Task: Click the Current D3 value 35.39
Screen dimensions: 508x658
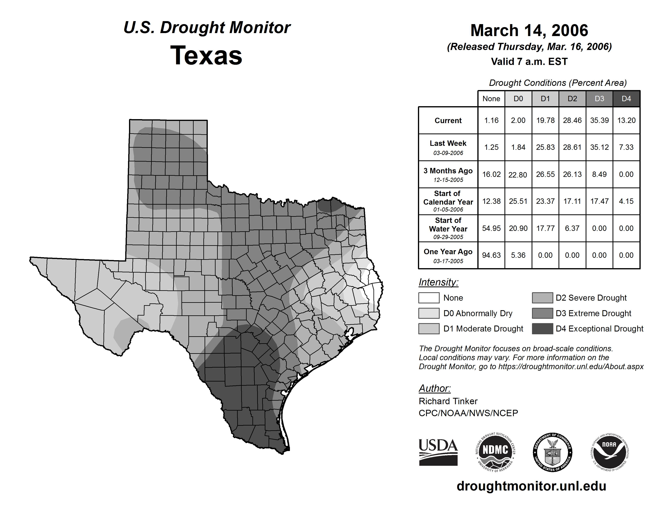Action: (599, 120)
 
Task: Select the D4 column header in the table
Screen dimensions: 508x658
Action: (626, 99)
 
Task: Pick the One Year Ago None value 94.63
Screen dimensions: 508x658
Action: (491, 255)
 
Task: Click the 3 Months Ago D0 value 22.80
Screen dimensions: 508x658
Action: (518, 175)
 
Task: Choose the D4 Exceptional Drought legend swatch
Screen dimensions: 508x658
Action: (542, 329)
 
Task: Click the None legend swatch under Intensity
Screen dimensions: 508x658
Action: (429, 298)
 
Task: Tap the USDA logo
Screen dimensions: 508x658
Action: (438, 452)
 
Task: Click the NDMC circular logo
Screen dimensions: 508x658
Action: (495, 452)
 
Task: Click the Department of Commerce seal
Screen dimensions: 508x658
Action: (552, 452)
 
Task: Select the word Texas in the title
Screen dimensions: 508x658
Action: (206, 55)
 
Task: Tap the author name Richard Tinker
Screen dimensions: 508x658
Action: (448, 401)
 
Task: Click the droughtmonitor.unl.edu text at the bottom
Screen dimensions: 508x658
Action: (531, 486)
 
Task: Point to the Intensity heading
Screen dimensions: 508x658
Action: (438, 282)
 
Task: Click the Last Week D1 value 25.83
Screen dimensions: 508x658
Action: (545, 147)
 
